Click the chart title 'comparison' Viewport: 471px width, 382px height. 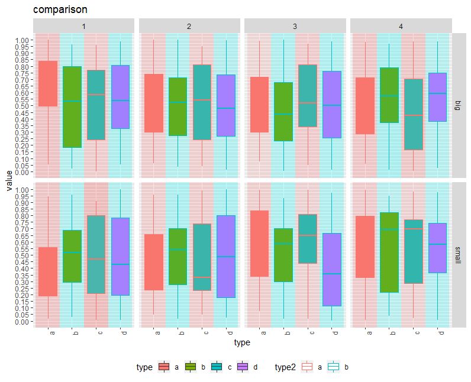[x=60, y=10]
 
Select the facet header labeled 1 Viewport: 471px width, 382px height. [x=84, y=26]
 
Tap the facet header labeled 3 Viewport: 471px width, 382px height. [x=295, y=26]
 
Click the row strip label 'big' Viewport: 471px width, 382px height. [x=457, y=105]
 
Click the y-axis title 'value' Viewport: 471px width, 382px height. [x=9, y=180]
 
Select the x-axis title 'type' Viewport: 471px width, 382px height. [x=242, y=342]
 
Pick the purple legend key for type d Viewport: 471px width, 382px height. [x=243, y=367]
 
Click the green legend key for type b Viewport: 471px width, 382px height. [x=190, y=367]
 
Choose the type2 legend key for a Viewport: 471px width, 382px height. [x=308, y=367]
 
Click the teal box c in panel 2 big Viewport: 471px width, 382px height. [x=202, y=102]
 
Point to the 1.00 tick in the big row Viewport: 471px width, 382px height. [x=21, y=40]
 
